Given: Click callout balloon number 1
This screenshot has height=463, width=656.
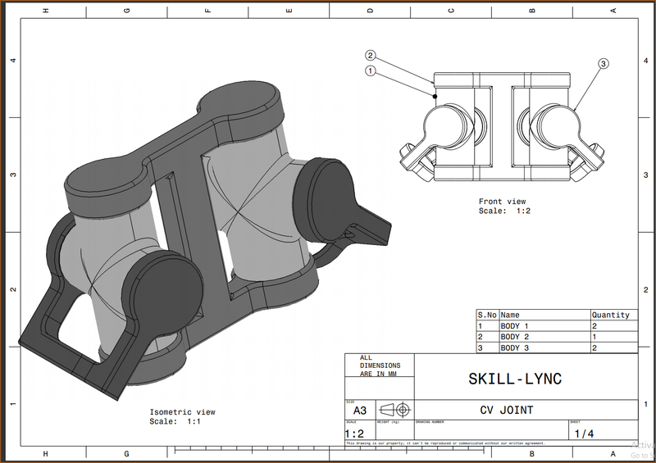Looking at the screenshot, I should [x=371, y=71].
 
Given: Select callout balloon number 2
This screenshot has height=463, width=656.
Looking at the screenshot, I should [x=371, y=56].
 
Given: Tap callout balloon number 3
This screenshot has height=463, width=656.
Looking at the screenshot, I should [x=604, y=63].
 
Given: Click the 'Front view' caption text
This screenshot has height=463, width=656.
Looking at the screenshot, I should [x=502, y=202].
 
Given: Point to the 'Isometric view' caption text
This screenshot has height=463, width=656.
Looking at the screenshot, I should [x=182, y=411].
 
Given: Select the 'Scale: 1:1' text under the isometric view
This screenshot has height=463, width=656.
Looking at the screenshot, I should [x=175, y=421].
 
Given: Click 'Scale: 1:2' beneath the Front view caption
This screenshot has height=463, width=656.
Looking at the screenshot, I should [x=504, y=211].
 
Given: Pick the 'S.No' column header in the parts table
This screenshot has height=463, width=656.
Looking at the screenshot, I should [x=487, y=315].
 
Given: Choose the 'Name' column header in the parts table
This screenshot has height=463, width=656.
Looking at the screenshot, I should [x=510, y=315].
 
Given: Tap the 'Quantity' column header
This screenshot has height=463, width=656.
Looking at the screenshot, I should [x=611, y=315].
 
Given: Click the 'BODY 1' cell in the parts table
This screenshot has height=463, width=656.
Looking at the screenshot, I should [x=515, y=326].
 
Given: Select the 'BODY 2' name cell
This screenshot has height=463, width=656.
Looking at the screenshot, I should [x=515, y=337].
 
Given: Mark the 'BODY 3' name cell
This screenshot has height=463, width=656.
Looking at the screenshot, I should [x=515, y=348].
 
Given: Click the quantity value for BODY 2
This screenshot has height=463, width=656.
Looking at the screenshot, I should [x=594, y=337].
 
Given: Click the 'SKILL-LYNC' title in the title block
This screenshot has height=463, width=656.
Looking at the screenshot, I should [x=514, y=379].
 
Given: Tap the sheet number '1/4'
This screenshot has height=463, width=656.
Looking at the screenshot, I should [x=584, y=433].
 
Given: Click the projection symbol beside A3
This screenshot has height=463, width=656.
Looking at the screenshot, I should [x=396, y=410].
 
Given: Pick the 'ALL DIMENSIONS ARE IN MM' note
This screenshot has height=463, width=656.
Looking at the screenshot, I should [x=378, y=365].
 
